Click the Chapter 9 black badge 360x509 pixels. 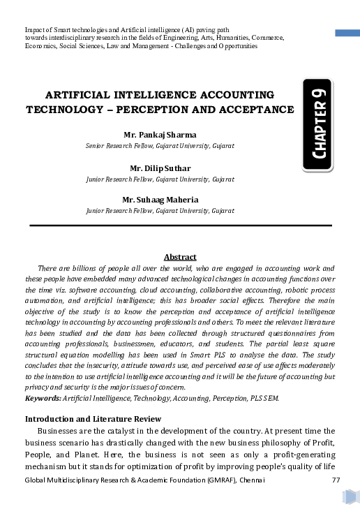click(x=318, y=126)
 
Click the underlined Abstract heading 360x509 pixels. click(x=179, y=257)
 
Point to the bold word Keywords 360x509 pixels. click(x=41, y=397)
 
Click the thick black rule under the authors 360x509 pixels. click(x=180, y=225)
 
